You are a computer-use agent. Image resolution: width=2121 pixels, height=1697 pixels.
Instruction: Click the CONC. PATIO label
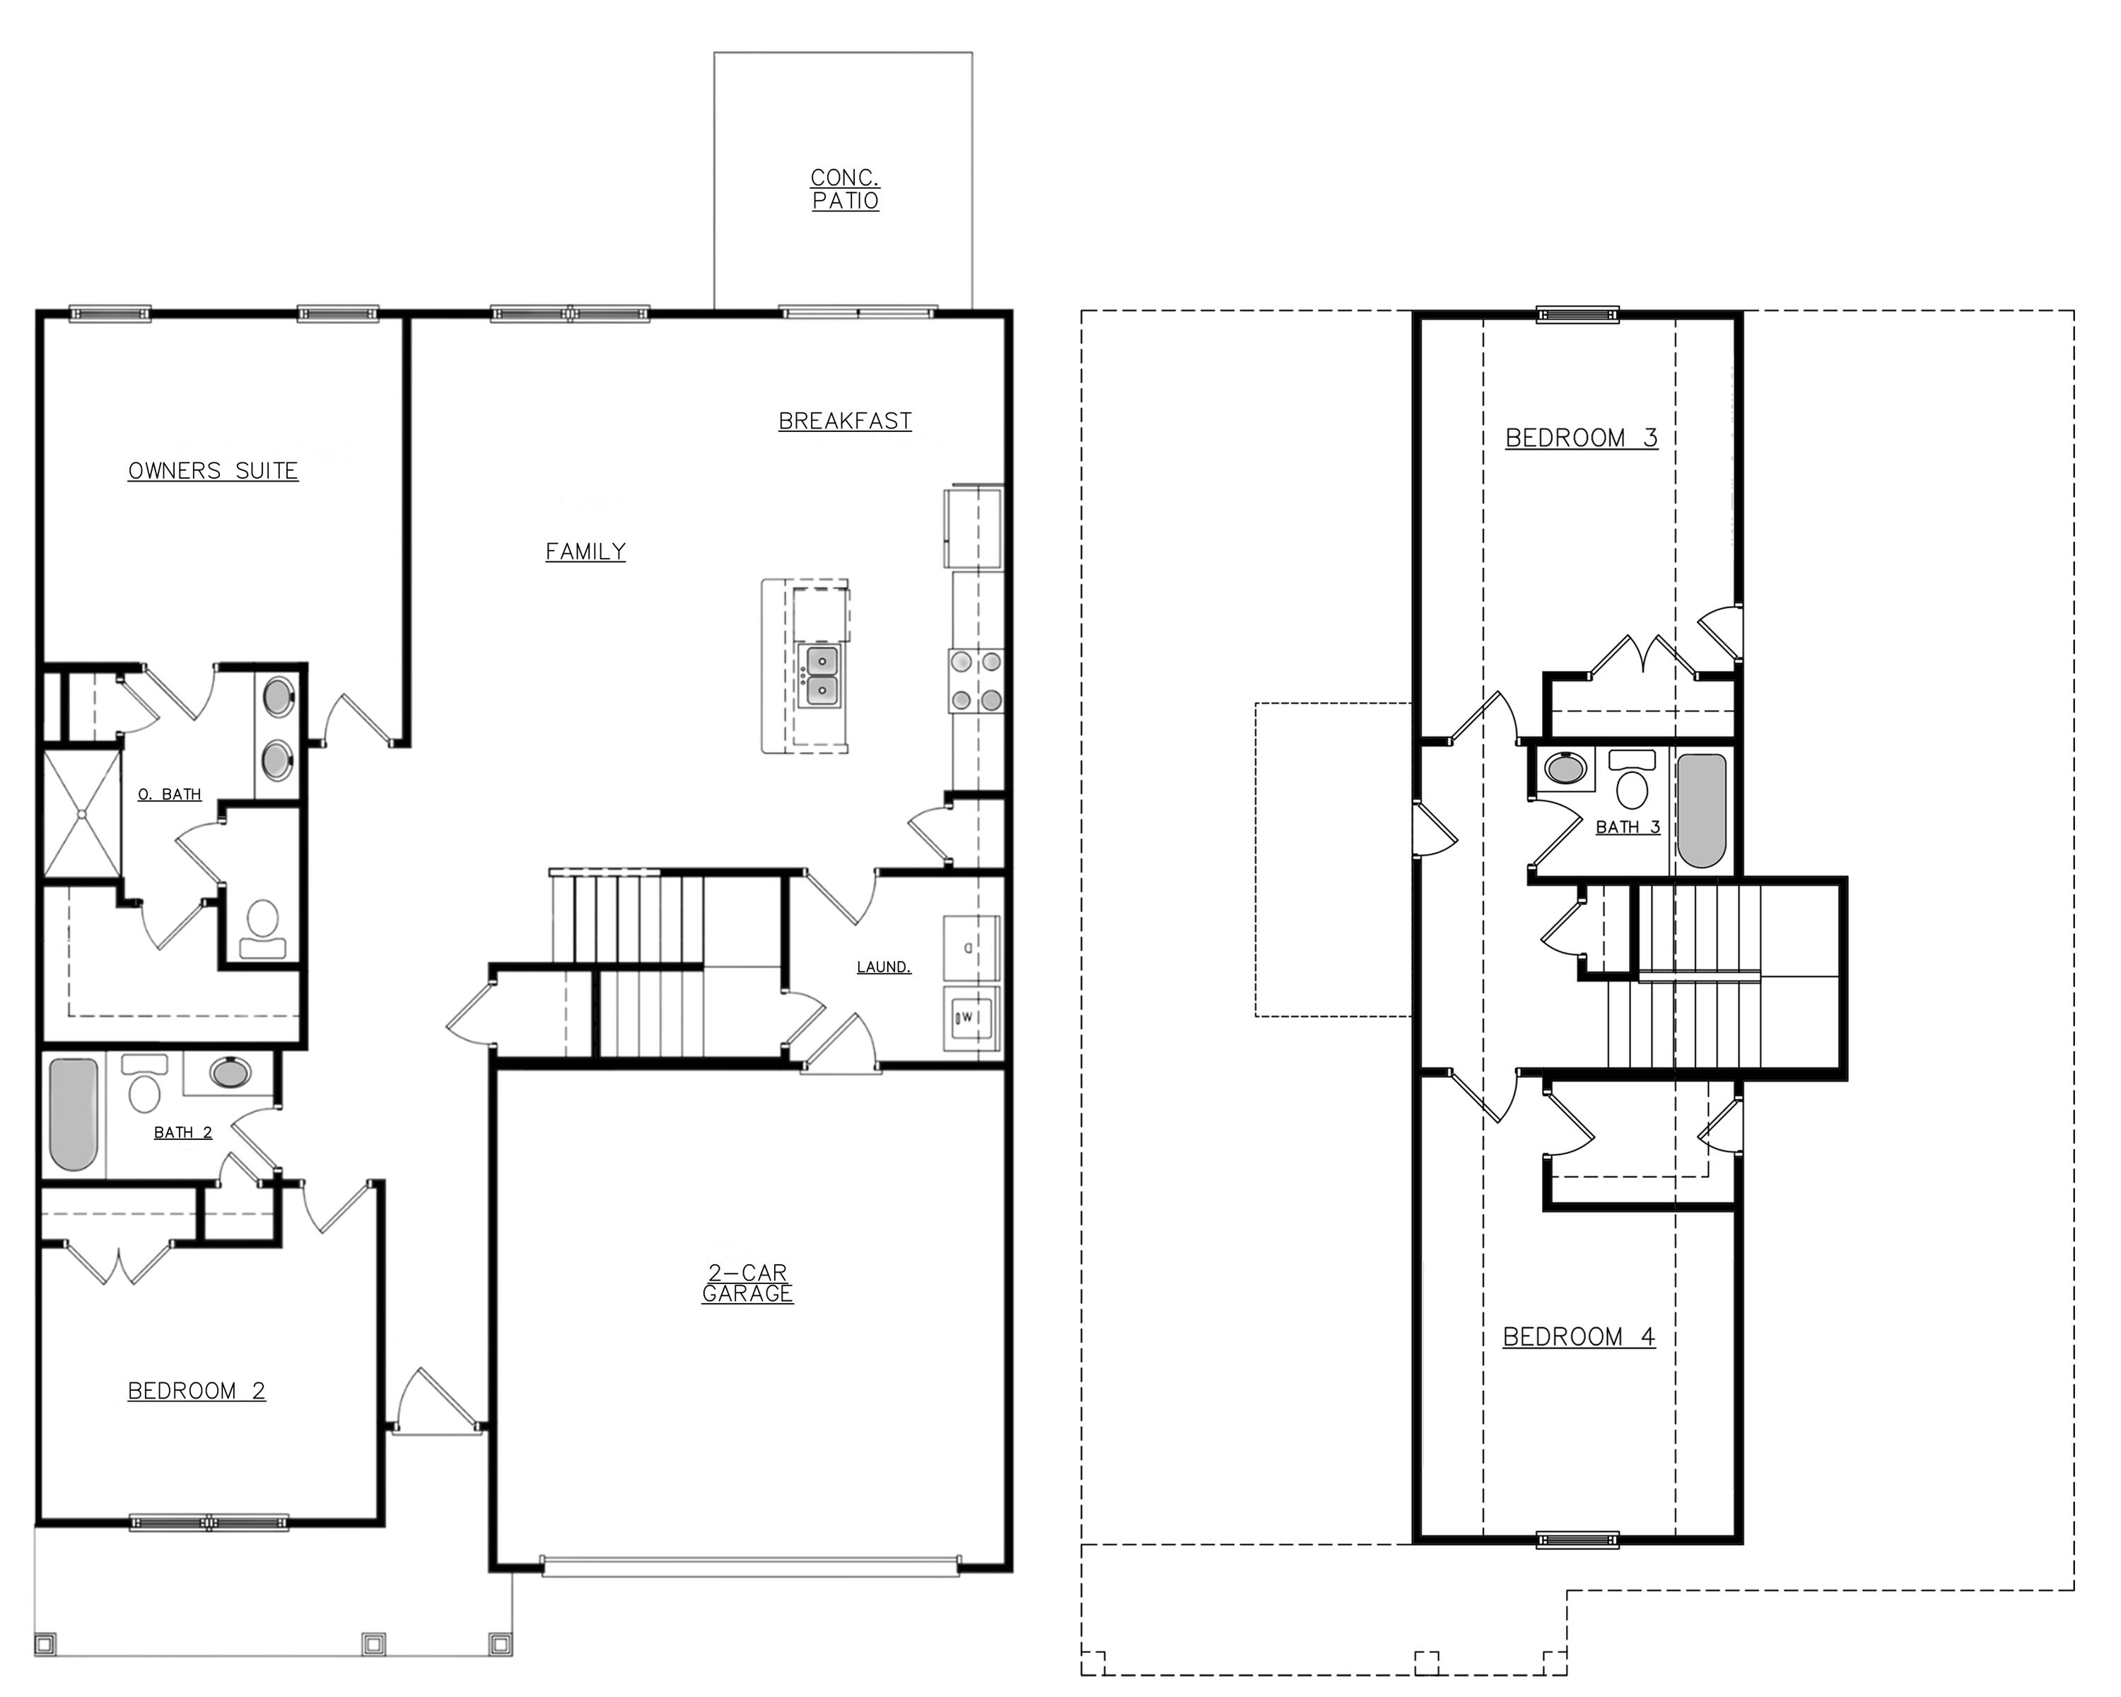[845, 189]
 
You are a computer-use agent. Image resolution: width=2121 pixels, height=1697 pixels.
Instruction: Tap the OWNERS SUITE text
[214, 471]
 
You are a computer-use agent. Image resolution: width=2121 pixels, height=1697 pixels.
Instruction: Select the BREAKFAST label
[845, 421]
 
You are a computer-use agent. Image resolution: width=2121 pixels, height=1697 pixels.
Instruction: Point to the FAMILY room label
[585, 552]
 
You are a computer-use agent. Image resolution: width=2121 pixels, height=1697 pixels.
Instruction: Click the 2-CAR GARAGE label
[748, 1284]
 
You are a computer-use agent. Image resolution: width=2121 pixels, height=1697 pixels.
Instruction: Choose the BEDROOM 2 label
[197, 1391]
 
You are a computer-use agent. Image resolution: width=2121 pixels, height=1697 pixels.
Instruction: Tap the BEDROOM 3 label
[1581, 438]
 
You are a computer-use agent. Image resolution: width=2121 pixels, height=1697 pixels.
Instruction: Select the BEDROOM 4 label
[1578, 1337]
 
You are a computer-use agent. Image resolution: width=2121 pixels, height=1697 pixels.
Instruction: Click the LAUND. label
[884, 967]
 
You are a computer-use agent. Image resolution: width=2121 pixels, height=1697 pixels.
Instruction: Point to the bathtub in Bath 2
[74, 1114]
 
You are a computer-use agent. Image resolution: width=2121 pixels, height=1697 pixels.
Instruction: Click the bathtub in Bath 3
[1701, 810]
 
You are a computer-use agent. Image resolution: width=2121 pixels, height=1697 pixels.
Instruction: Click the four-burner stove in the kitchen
[976, 681]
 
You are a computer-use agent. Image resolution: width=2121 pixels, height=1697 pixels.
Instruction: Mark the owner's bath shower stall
[81, 814]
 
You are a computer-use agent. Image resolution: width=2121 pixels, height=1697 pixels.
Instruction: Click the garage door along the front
[749, 1565]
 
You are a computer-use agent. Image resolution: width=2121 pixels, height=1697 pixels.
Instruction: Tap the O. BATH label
[169, 795]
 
